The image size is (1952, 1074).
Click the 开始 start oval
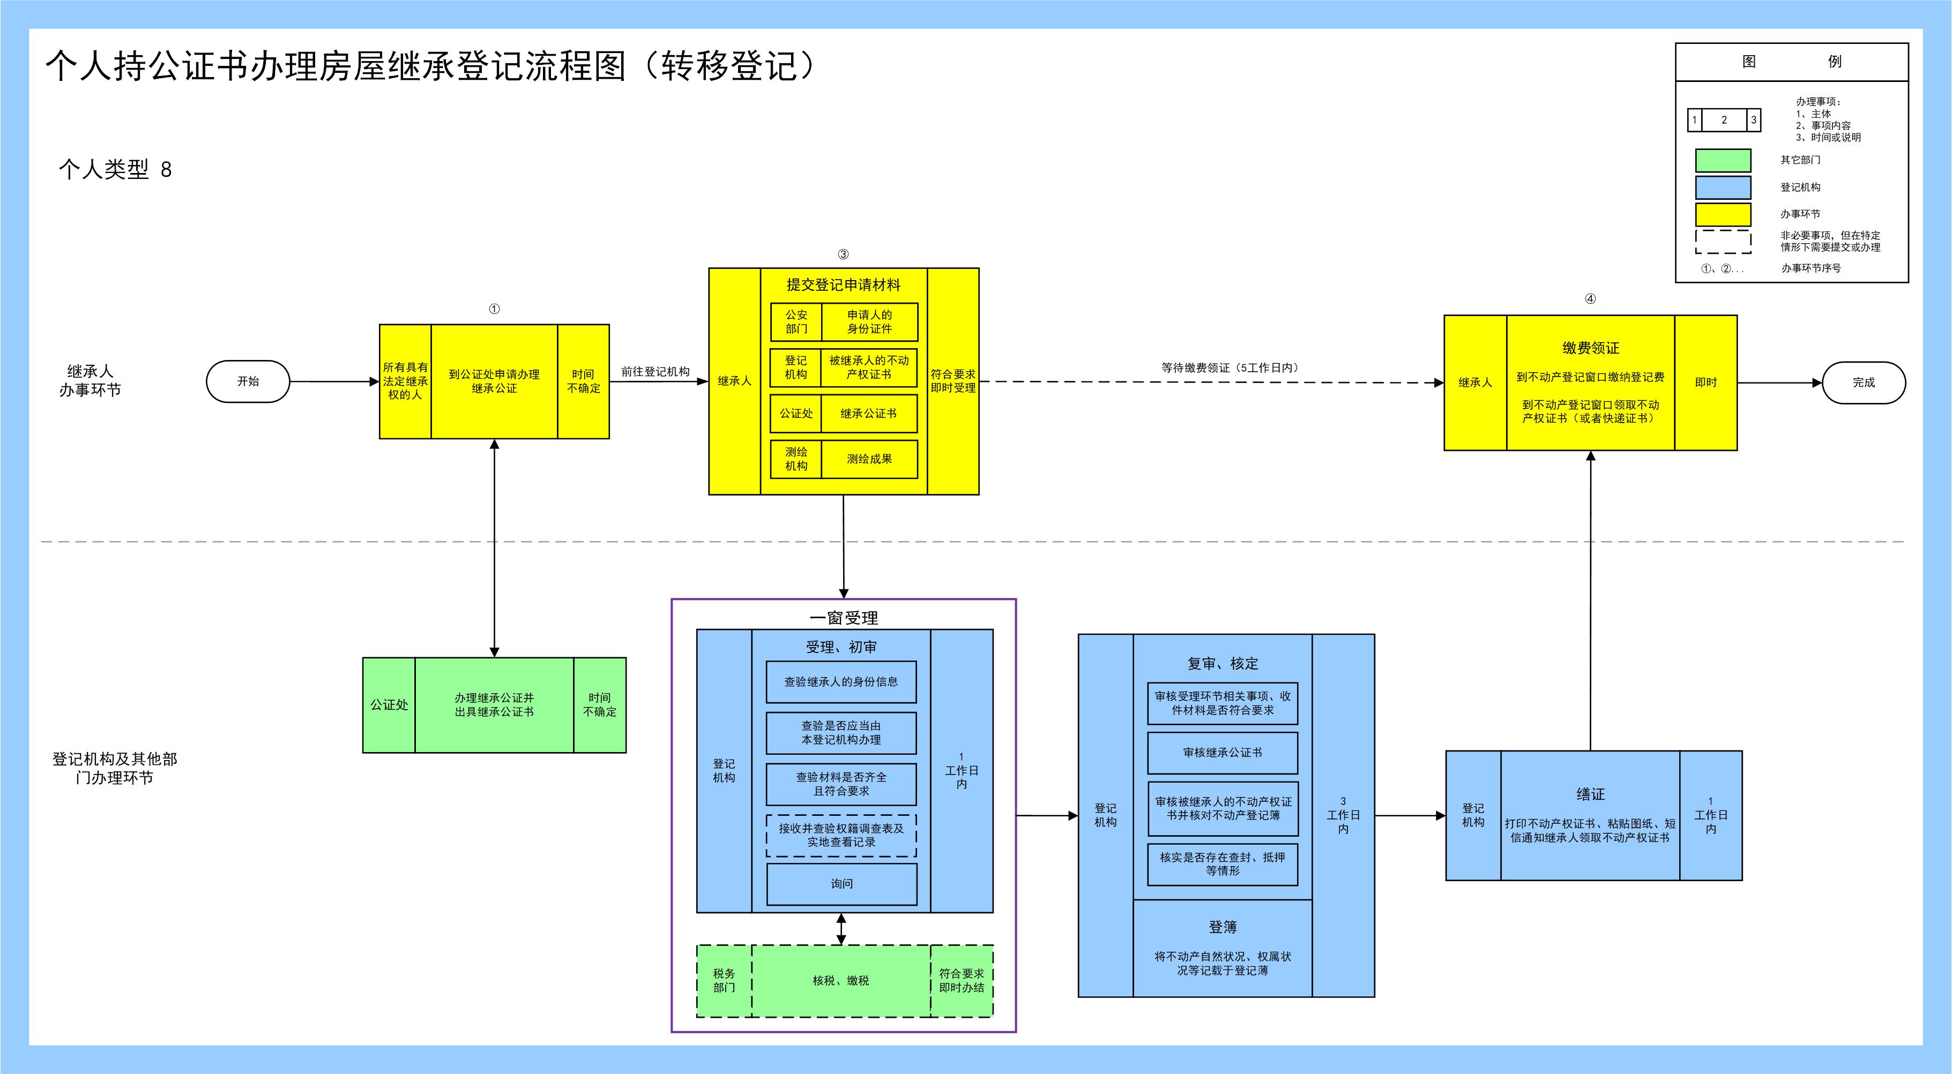tap(248, 382)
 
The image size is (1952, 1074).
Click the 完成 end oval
tap(1864, 382)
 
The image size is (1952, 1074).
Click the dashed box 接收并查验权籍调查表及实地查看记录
tap(841, 836)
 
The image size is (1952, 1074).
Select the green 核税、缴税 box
tap(840, 981)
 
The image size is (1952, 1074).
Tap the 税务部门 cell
tap(724, 981)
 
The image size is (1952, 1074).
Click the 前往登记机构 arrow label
tap(655, 372)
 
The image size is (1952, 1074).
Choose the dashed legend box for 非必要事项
tap(1723, 242)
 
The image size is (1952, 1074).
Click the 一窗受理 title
tap(844, 618)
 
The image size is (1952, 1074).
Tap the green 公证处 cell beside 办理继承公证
tap(389, 705)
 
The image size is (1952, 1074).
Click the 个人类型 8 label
tap(115, 170)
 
